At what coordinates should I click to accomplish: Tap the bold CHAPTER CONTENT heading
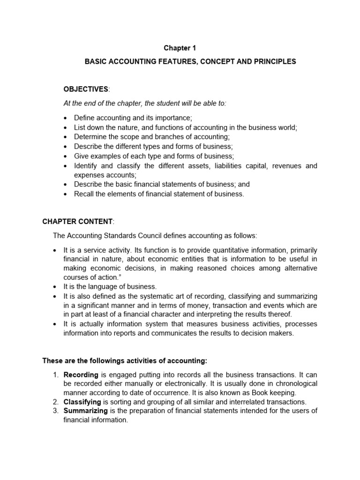(x=77, y=221)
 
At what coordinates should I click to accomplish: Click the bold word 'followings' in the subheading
(x=96, y=360)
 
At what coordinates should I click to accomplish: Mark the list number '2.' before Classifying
(x=55, y=402)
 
